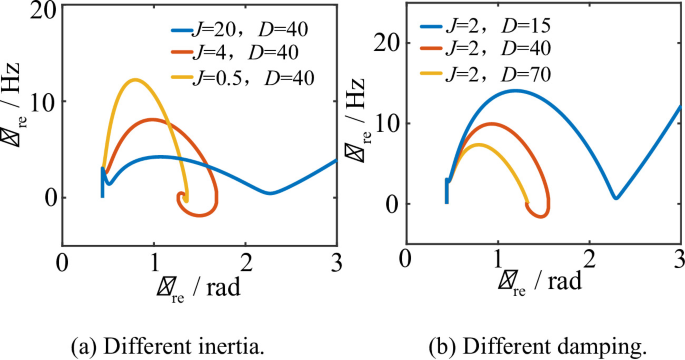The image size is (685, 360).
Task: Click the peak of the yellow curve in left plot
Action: (134, 80)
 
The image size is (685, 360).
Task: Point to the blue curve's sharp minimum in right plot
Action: (616, 198)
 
